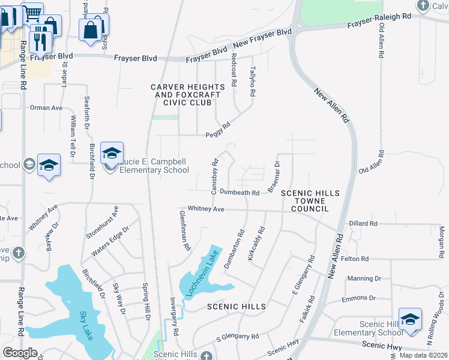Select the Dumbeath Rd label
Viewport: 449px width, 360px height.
(239, 193)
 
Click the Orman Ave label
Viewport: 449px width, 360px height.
(46, 108)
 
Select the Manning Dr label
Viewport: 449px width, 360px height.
(360, 278)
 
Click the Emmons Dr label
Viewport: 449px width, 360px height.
(360, 298)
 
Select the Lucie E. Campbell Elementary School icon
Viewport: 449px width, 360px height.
(112, 154)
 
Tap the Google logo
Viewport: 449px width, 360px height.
(20, 353)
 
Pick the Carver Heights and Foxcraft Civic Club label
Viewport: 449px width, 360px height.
(188, 95)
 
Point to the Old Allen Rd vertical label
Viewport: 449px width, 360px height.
(381, 38)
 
